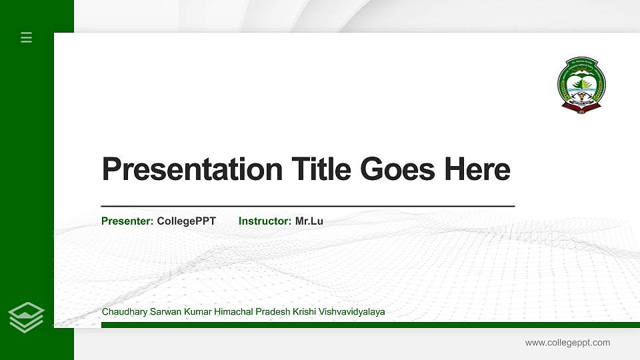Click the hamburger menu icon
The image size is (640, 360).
click(x=27, y=37)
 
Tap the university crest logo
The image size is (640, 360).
click(x=581, y=85)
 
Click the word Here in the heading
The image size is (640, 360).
click(x=477, y=169)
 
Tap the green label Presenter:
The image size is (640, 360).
click(x=127, y=221)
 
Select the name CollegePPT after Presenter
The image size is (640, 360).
click(x=187, y=221)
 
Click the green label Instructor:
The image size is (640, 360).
click(x=265, y=221)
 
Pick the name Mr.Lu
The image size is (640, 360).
click(x=309, y=221)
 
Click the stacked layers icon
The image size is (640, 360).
click(x=27, y=317)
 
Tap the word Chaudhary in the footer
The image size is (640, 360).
click(x=124, y=312)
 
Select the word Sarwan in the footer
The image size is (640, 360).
click(x=164, y=312)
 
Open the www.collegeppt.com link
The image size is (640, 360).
click(x=567, y=343)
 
